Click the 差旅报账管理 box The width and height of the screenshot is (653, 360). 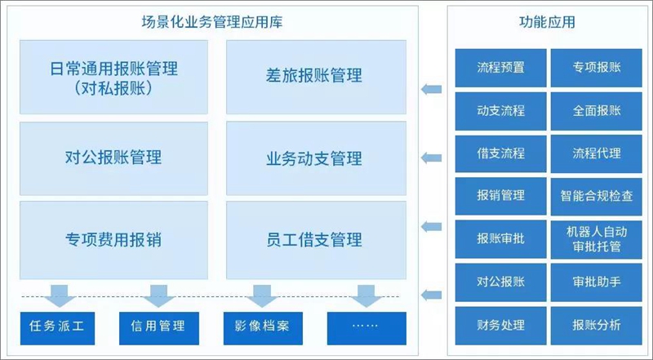coord(316,77)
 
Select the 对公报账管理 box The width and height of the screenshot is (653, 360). coord(113,158)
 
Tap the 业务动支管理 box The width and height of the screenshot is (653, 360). coord(316,158)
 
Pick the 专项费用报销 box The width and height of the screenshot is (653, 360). coord(113,240)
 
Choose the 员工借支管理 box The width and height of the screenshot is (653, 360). coord(316,240)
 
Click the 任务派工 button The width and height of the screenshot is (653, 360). coord(57,328)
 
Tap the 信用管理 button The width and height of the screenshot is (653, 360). coord(159,328)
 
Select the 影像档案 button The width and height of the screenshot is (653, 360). coord(263,328)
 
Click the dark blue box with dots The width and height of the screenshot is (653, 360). coord(366,328)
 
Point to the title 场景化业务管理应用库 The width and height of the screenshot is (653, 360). coord(212,22)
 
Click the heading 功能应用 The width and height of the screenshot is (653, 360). coord(547,22)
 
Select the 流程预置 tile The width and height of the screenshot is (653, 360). coord(500,68)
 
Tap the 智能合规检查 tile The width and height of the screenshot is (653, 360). coord(597,196)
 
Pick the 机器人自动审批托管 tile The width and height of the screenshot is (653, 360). coord(597,239)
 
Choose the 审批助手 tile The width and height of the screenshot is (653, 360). coord(597,282)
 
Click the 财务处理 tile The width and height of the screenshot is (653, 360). coord(500,326)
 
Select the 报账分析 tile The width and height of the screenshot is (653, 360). coord(597,326)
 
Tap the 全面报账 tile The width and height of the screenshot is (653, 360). coord(597,111)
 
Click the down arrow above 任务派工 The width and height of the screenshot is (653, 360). coord(60,296)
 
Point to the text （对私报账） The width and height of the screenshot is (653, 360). coord(113,88)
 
